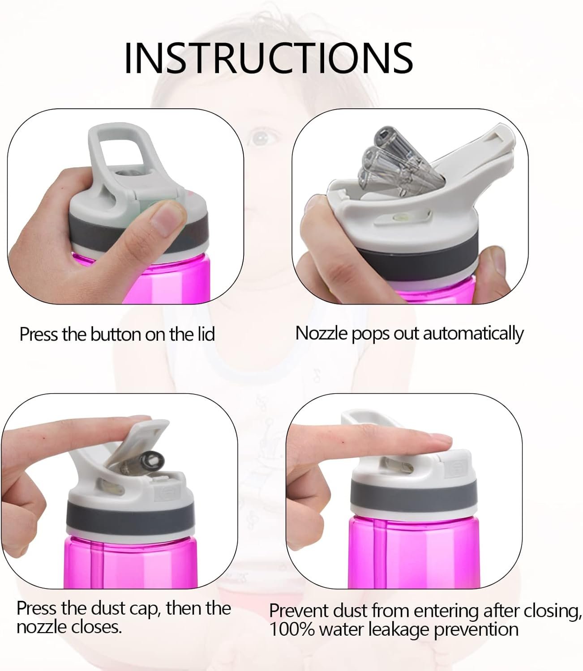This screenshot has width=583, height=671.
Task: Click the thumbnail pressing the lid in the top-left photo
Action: [167, 217]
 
